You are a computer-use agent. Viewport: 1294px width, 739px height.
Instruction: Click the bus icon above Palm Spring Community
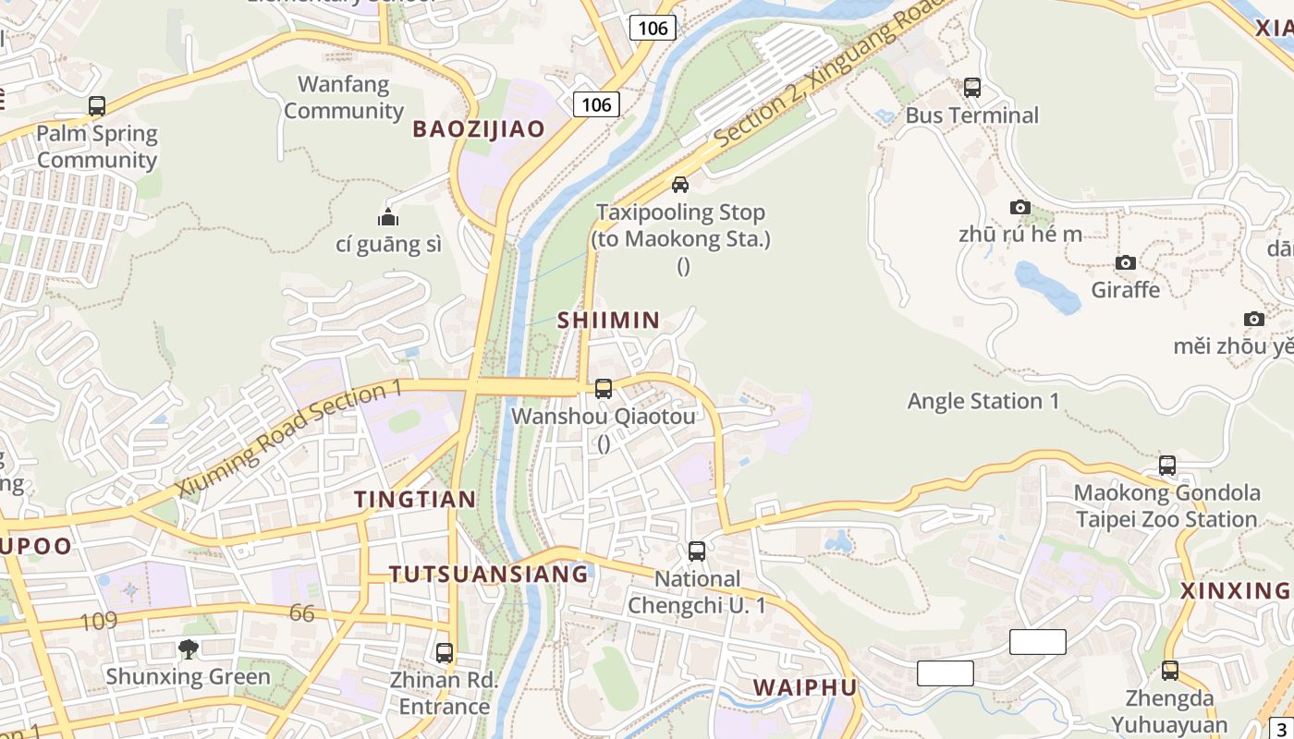coord(97,106)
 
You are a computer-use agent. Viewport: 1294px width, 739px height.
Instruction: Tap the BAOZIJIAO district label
coord(479,129)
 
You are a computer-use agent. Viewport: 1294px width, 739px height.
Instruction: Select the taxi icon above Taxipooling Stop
coord(680,185)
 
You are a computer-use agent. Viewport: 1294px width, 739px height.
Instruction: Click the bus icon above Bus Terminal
coord(972,88)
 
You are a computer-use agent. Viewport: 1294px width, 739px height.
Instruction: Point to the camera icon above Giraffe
coord(1125,263)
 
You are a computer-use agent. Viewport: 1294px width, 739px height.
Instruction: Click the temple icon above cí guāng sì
coord(388,218)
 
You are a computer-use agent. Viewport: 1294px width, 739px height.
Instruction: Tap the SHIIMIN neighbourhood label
coord(608,321)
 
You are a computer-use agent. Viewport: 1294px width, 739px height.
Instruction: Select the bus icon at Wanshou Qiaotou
coord(604,389)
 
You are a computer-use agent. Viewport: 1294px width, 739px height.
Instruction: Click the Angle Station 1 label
coord(983,401)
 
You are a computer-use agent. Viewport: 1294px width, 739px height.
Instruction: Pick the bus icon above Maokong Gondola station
coord(1167,466)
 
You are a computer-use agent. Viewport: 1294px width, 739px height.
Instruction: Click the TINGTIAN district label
coord(415,500)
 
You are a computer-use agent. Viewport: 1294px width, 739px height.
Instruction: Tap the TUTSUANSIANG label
coord(488,574)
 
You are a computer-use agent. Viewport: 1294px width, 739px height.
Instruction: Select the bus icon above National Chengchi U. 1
coord(697,551)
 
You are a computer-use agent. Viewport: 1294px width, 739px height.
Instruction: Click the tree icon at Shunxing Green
coord(189,648)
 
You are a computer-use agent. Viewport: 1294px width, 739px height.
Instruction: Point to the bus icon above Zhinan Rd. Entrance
coord(445,653)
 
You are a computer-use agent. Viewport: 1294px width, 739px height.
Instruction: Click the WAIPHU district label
coord(804,687)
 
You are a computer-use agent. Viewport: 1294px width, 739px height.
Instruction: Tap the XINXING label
coord(1235,590)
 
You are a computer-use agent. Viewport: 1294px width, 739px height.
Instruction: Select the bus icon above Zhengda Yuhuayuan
coord(1170,671)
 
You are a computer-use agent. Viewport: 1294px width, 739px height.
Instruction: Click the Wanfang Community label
coord(344,97)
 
